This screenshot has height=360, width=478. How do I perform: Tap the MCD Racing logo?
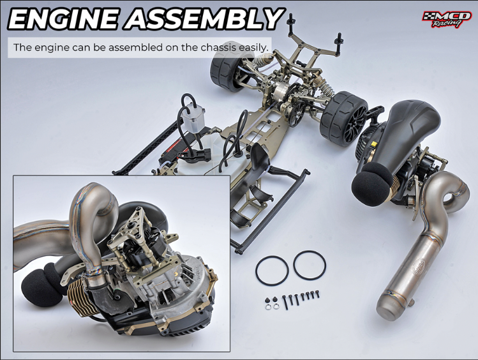tap(447, 19)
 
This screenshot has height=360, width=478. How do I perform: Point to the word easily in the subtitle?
tap(253, 48)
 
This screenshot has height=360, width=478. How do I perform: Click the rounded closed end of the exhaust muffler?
tap(387, 307)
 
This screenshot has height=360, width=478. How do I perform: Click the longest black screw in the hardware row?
tap(286, 302)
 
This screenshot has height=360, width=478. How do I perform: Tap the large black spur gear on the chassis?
tap(295, 113)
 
